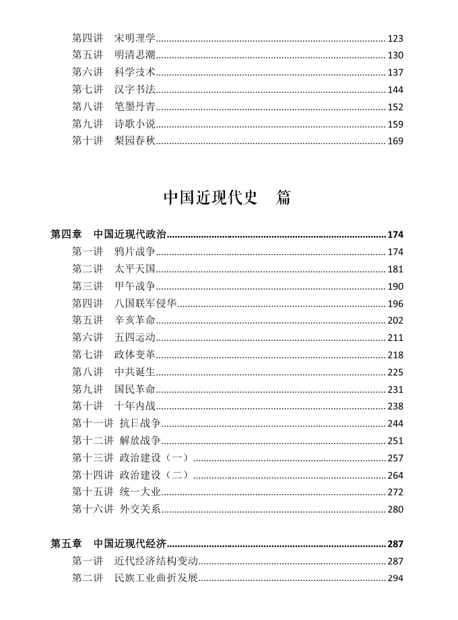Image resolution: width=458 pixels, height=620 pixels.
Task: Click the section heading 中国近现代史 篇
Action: pos(228,198)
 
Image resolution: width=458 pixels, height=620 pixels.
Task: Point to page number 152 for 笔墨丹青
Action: pos(395,106)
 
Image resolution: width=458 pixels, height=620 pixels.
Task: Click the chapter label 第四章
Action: pos(66,235)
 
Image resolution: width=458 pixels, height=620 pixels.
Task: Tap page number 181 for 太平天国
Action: pos(395,269)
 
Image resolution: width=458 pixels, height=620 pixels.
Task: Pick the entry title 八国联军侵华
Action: pos(145,303)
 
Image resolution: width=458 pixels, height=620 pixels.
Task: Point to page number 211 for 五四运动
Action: pos(395,338)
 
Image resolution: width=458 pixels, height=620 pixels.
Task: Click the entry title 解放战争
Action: pos(140,440)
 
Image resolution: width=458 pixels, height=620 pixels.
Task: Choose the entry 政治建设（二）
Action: pos(154,475)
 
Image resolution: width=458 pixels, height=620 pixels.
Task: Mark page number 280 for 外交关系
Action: pos(395,509)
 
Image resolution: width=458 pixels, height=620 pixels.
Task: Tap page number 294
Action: pos(395,578)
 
